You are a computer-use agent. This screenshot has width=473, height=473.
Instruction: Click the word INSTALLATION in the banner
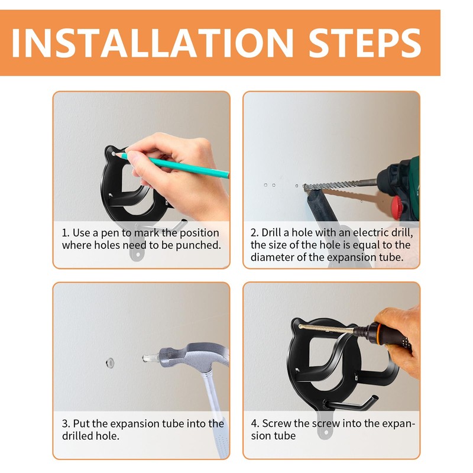(153, 43)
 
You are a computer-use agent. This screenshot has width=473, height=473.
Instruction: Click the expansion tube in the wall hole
(110, 362)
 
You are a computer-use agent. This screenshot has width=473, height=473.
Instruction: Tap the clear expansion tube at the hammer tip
(151, 358)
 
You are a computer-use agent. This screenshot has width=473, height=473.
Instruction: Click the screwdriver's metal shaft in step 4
(326, 329)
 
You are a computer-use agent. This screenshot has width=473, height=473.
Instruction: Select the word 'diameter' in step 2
(273, 257)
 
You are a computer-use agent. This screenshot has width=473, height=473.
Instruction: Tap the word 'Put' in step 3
(82, 423)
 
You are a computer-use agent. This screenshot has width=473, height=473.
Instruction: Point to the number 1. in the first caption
(66, 233)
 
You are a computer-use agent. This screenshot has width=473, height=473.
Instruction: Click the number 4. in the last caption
(255, 423)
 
